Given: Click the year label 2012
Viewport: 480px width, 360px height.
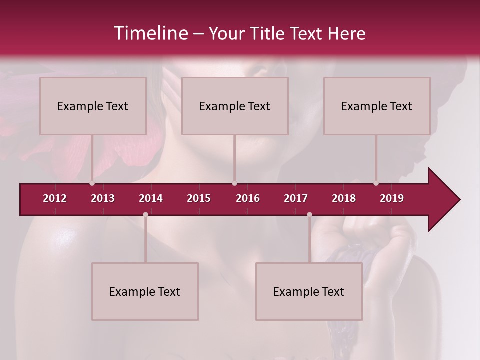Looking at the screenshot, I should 55,198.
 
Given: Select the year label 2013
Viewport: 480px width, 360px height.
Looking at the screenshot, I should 103,198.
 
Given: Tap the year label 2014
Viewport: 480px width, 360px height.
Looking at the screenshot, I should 151,198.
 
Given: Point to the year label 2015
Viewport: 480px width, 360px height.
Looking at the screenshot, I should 199,198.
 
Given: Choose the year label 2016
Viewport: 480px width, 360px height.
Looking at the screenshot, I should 248,198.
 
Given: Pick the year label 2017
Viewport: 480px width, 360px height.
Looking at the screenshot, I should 296,198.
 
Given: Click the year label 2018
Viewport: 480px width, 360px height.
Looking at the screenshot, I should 344,198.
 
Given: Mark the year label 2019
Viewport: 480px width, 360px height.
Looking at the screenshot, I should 392,198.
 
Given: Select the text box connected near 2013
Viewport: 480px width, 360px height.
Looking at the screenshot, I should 93,106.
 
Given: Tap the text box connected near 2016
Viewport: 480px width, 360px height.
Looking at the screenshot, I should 235,106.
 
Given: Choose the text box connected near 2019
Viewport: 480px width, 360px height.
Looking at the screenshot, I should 377,106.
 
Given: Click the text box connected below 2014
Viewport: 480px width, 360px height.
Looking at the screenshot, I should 145,291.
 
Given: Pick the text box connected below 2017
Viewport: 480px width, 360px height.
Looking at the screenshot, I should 309,291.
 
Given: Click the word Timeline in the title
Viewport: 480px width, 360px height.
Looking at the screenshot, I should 150,33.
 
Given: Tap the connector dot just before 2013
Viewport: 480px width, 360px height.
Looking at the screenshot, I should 92,183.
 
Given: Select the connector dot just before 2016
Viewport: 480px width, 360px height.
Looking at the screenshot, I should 235,183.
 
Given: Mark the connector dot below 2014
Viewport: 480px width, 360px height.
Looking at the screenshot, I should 145,214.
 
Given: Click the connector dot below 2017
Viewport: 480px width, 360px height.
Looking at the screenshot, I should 309,214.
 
